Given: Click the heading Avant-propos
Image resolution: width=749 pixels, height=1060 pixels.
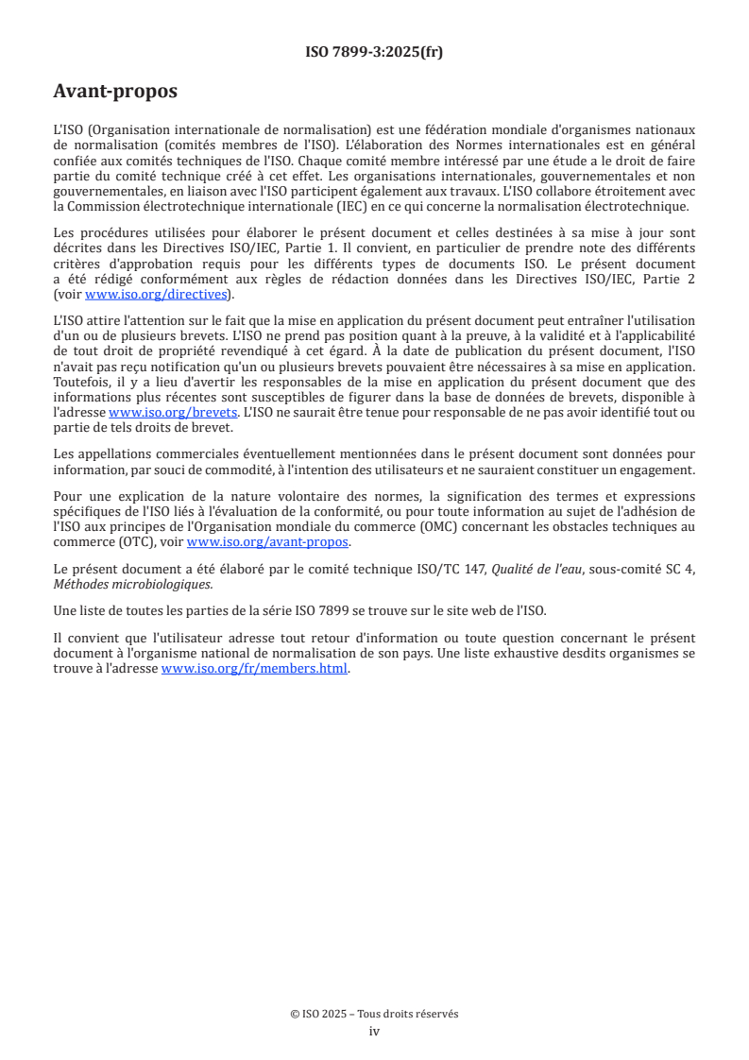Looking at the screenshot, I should (x=115, y=92).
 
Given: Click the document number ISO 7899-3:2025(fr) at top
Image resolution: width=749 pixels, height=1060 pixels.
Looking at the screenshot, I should (x=374, y=52).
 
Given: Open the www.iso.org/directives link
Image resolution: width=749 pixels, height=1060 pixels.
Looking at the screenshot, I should (x=156, y=294).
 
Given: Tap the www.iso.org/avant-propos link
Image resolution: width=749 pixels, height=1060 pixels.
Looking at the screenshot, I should (x=268, y=542).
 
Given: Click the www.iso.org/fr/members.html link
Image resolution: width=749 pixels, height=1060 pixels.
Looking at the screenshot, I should (x=255, y=669).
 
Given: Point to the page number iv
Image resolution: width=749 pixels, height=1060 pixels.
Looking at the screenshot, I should (x=374, y=1031).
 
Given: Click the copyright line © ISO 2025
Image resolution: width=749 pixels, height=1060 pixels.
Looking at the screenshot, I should (x=374, y=1014).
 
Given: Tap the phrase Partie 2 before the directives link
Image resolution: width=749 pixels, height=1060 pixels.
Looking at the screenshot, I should (x=669, y=280).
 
